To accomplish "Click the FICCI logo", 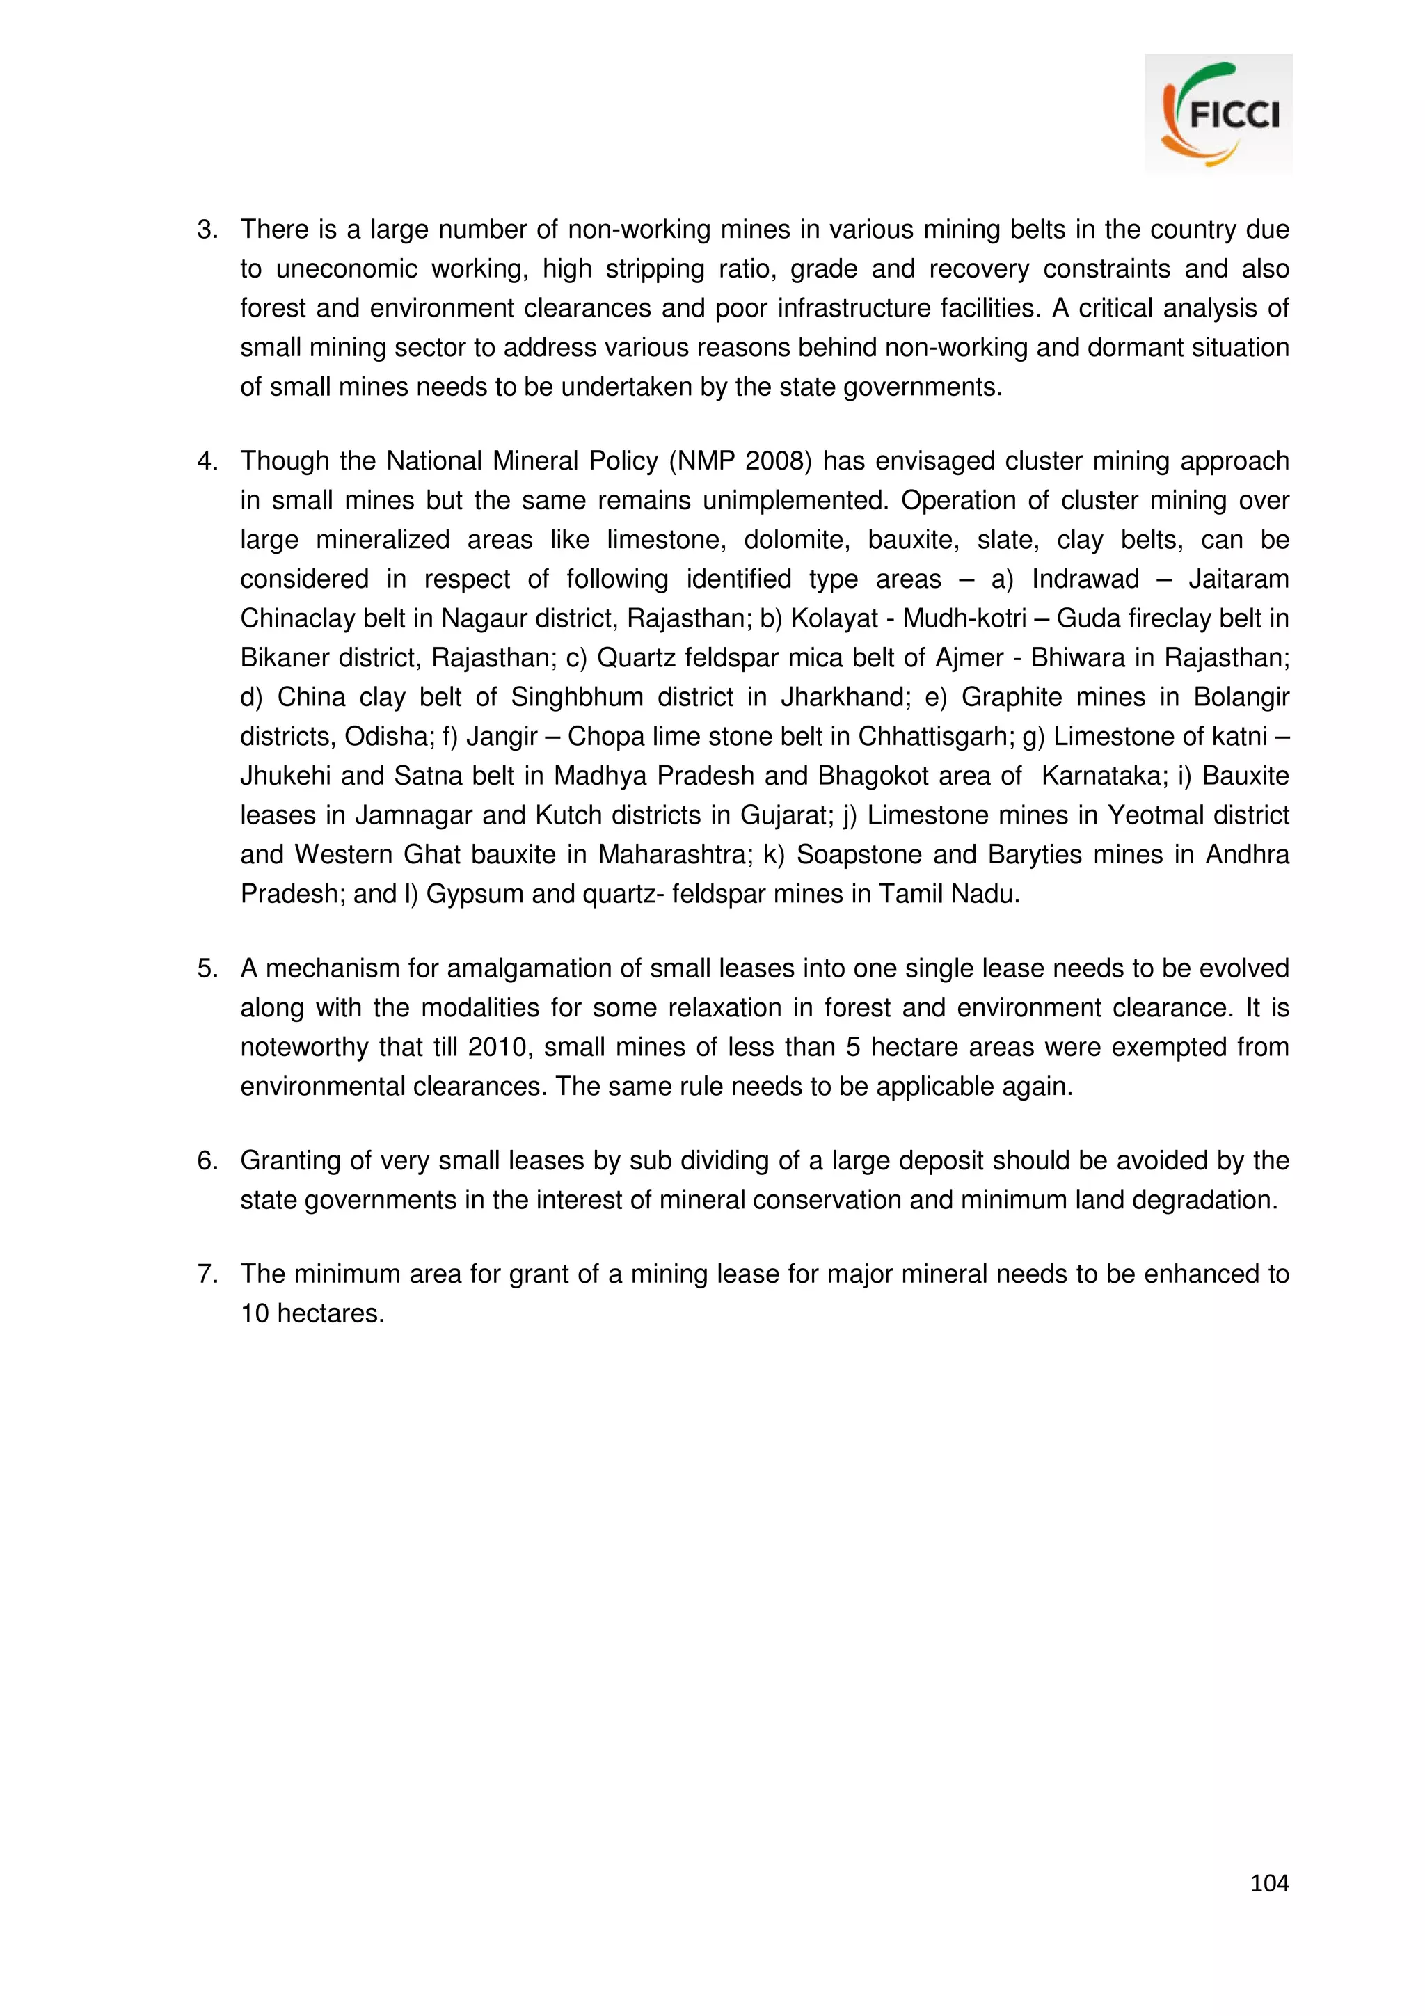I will pyautogui.click(x=1218, y=113).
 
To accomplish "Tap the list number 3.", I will pyautogui.click(x=207, y=230).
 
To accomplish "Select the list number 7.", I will pyautogui.click(x=207, y=1274).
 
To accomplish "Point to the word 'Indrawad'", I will pyautogui.click(x=1085, y=579).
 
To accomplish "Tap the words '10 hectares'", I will pyautogui.click(x=312, y=1313).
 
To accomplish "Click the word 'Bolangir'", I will pyautogui.click(x=1241, y=697).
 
